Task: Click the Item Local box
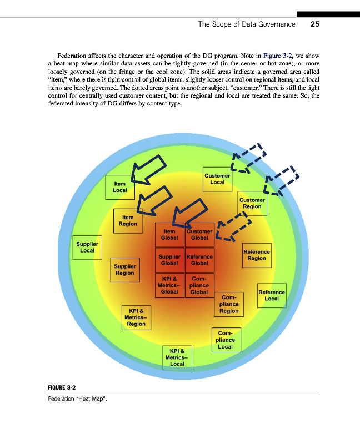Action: tap(120, 186)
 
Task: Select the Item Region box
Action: tap(128, 220)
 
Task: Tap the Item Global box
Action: tap(169, 235)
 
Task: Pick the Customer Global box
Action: tap(199, 235)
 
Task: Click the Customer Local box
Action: tap(217, 179)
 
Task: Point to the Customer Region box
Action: tap(252, 203)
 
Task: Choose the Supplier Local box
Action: tap(87, 247)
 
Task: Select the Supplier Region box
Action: tap(124, 270)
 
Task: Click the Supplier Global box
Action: tap(169, 260)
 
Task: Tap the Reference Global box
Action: tap(199, 260)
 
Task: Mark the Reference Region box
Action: tap(257, 255)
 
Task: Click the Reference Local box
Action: tap(272, 295)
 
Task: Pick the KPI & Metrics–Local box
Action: tap(177, 357)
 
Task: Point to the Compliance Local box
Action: tap(225, 340)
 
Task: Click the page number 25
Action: tap(315, 24)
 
